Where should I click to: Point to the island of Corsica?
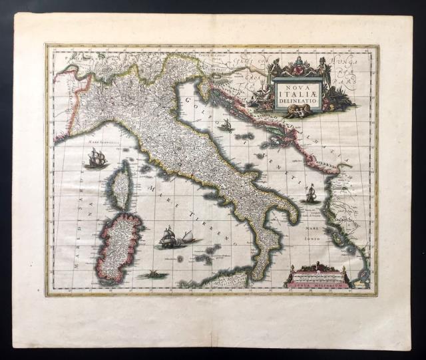coord(120,186)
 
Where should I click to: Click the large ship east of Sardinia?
coord(171,238)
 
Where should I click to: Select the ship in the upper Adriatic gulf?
coord(226,124)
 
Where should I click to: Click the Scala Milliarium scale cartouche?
coord(318,276)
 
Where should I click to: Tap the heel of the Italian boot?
coord(294,216)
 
